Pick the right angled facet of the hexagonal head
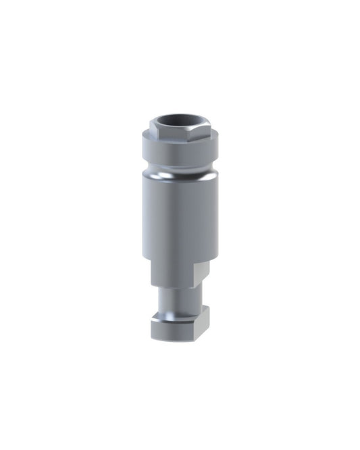(x=202, y=132)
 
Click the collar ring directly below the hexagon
(x=180, y=151)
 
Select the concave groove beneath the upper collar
(x=180, y=166)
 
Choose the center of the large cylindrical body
(x=180, y=216)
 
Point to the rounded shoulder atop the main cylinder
(x=180, y=176)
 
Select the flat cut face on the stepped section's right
(x=201, y=274)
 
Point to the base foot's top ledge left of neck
(x=158, y=315)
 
